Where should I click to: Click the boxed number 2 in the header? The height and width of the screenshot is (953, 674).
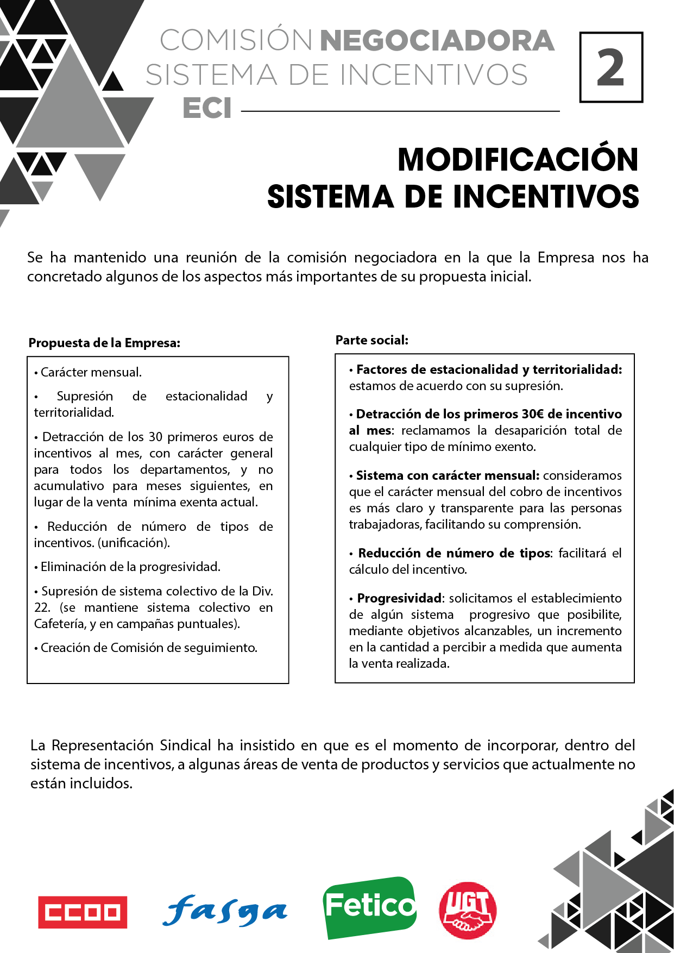click(611, 67)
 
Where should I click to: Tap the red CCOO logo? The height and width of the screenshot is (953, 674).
click(83, 912)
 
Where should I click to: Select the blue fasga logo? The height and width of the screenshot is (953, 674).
click(225, 911)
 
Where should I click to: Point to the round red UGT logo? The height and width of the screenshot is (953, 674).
click(468, 910)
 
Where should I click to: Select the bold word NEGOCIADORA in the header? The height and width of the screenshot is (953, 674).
click(437, 41)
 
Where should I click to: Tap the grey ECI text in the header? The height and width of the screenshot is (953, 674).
click(207, 108)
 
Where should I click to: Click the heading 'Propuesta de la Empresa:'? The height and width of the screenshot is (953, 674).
click(104, 343)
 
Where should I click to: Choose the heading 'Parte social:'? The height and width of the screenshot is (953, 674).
click(371, 340)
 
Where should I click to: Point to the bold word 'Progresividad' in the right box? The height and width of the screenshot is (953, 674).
click(399, 598)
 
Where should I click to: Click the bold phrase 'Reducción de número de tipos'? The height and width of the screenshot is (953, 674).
click(454, 553)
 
